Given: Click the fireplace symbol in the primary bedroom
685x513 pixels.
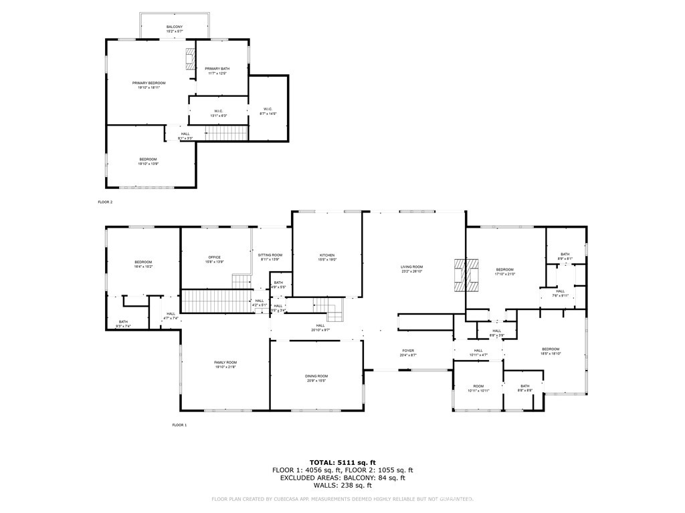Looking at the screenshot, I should pyautogui.click(x=189, y=59).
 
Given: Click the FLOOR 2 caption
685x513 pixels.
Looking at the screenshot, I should pyautogui.click(x=106, y=201).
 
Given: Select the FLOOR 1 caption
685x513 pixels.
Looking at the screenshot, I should pyautogui.click(x=179, y=425).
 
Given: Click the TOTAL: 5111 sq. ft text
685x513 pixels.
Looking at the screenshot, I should pyautogui.click(x=342, y=462).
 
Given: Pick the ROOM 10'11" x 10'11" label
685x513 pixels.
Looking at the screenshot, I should pyautogui.click(x=478, y=388).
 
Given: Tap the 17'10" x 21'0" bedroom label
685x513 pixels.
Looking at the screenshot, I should pyautogui.click(x=505, y=272).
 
